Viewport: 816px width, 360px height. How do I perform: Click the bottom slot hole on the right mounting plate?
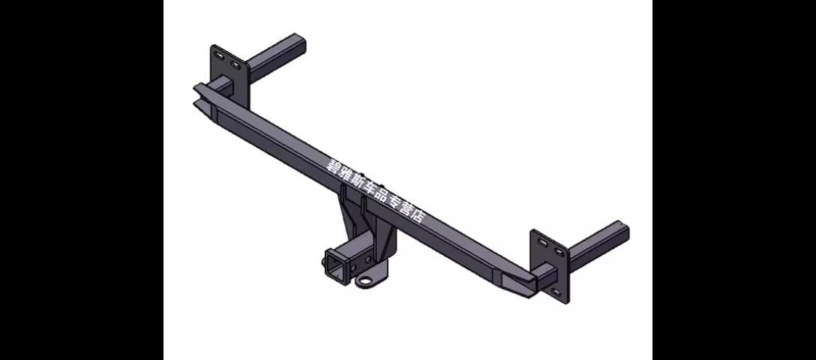coord(555,291)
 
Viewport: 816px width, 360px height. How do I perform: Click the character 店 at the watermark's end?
coord(417,215)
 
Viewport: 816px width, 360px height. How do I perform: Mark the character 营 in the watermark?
coord(406,208)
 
